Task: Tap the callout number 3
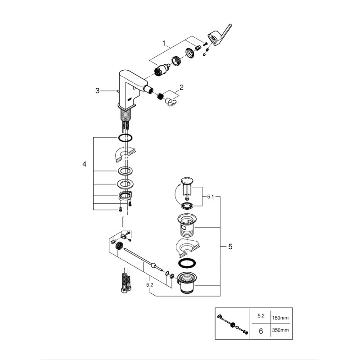97,91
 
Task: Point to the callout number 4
84,165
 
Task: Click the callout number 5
230,247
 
